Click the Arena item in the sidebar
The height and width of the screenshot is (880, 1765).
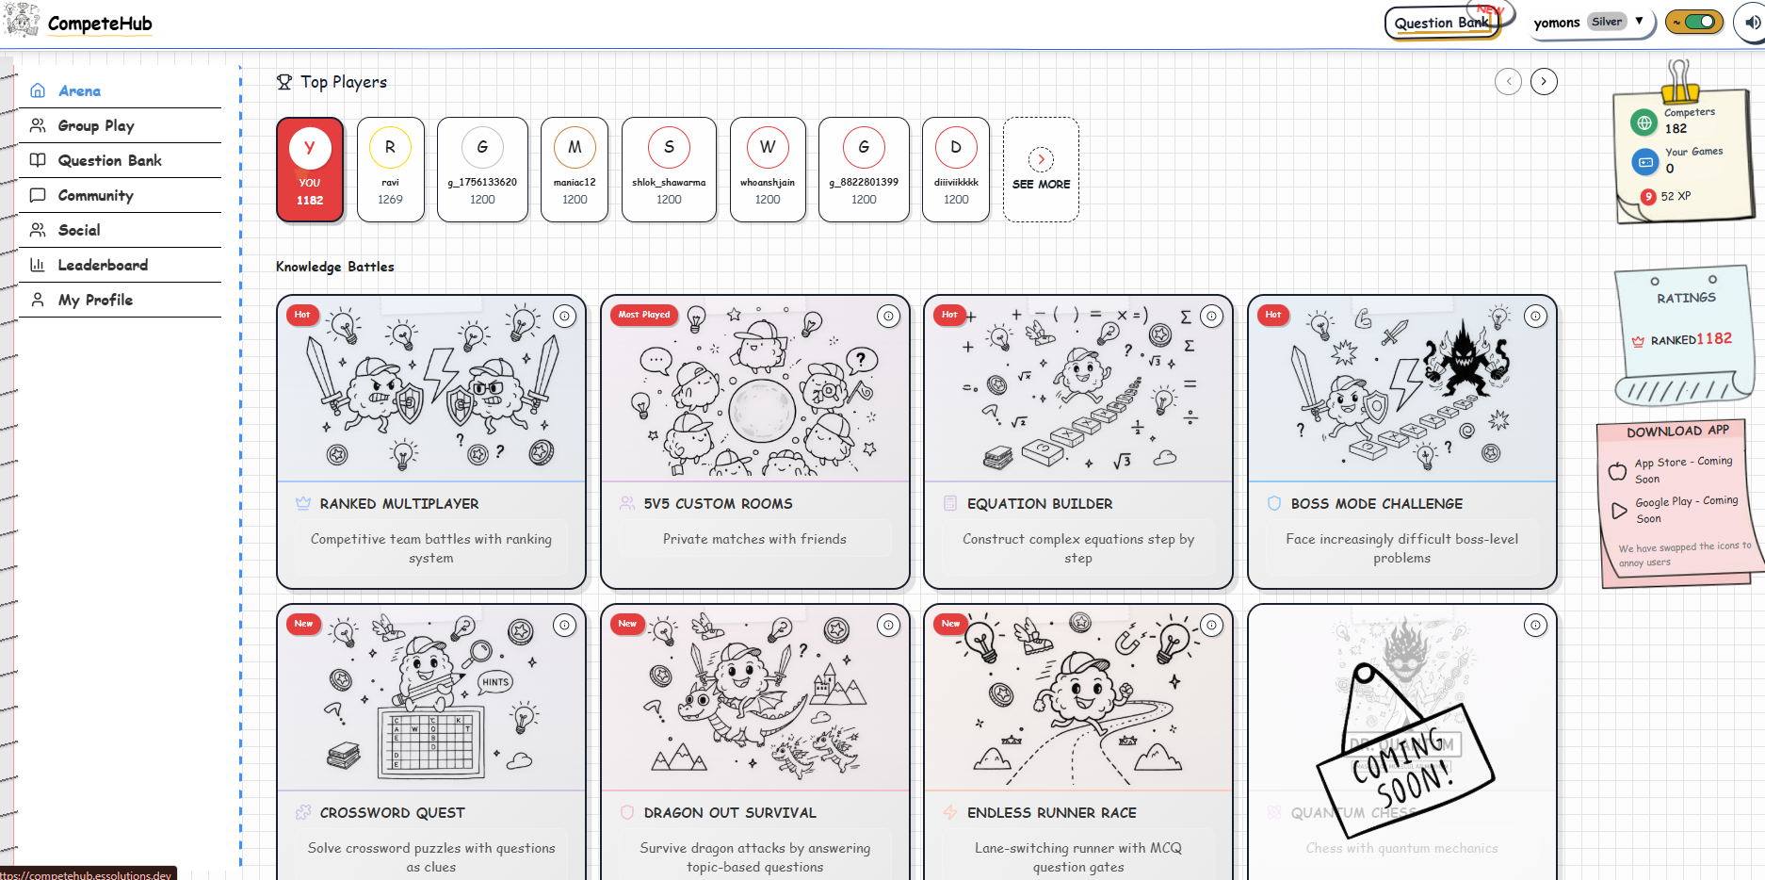79,90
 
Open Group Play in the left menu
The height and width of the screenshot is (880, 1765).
95,125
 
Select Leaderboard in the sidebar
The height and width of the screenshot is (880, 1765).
102,265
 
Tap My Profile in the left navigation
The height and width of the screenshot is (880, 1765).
94,300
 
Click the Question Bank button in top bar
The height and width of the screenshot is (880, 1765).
1441,23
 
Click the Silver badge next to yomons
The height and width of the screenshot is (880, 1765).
1607,22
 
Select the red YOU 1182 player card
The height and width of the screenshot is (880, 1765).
310,170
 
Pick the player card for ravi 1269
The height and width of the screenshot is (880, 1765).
390,170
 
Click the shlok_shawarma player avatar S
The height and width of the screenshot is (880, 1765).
669,147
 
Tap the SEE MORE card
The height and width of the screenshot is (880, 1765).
1041,170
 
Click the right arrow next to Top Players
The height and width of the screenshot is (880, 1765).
1543,82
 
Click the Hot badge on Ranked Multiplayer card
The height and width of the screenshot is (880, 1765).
302,315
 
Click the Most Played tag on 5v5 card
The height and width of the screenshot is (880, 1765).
644,315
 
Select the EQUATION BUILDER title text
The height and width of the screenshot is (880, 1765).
1039,504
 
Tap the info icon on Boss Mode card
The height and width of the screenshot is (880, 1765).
1535,317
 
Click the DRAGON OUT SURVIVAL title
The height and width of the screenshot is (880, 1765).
729,813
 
